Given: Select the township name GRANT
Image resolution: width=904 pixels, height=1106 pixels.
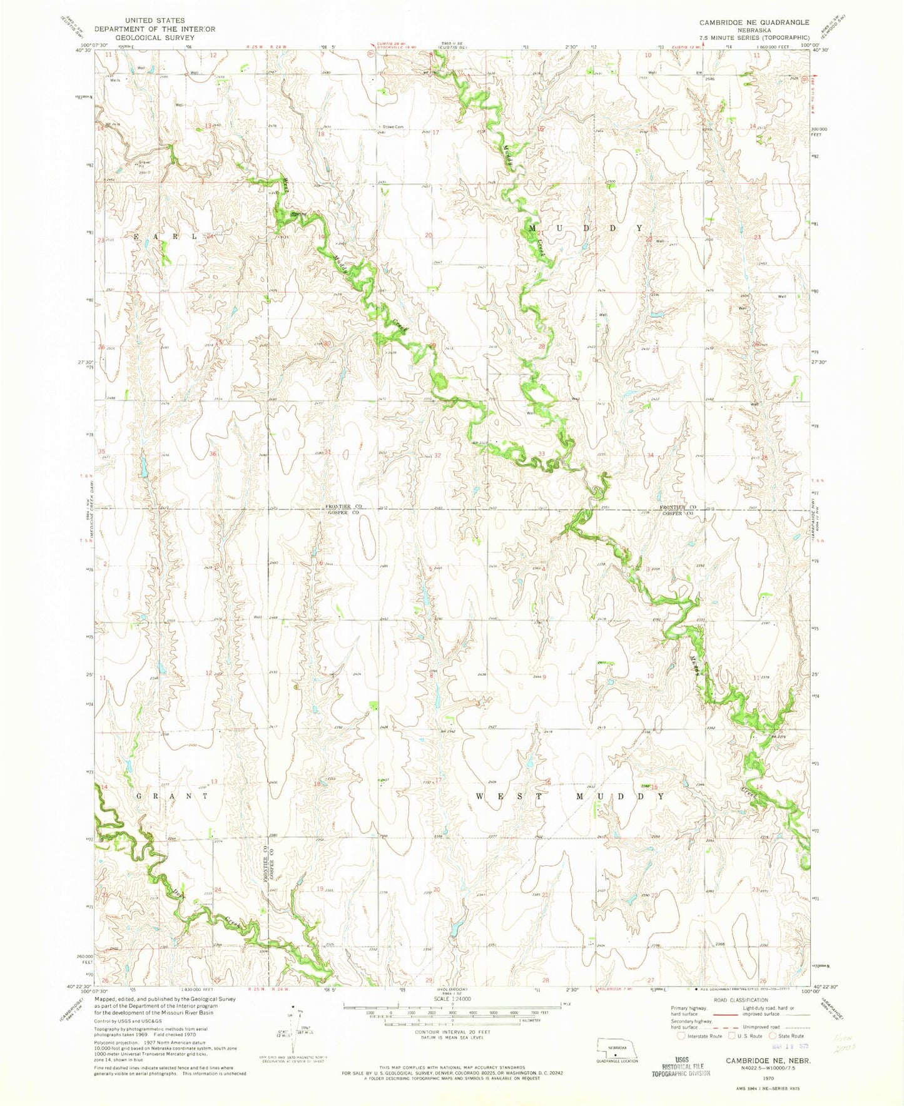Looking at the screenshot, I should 171,796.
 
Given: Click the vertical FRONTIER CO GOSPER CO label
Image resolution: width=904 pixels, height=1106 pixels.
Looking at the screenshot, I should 269,863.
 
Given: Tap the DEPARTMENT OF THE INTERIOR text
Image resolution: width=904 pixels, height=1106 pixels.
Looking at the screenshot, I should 154,29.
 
